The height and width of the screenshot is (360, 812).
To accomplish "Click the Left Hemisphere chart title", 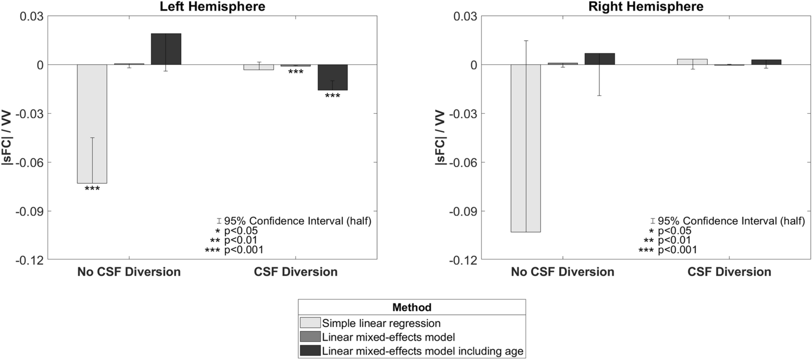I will coord(212,6).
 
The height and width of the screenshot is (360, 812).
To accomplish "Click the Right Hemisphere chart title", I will coord(646,6).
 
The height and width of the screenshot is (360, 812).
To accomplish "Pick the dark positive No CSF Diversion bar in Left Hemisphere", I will coord(166,49).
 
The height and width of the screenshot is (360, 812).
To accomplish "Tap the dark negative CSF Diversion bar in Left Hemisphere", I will coord(333,77).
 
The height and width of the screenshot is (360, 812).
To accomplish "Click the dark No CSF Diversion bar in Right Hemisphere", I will coord(600,59).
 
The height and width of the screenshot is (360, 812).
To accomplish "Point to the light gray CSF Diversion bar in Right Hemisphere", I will coord(692,62).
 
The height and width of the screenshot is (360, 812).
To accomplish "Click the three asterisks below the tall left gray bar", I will coord(92,189).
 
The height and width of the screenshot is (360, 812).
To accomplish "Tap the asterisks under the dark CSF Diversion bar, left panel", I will coord(333,96).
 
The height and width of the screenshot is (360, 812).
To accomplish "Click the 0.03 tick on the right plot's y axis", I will coord(465,17).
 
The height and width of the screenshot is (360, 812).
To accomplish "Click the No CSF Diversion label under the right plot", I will coord(562,271).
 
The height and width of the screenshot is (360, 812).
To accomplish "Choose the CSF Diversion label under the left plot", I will coord(296,271).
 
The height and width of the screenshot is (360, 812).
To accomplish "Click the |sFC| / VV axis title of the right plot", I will coord(441,138).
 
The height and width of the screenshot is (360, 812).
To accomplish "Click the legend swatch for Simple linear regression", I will coord(310,323).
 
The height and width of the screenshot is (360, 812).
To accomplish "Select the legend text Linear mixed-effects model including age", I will coord(422,351).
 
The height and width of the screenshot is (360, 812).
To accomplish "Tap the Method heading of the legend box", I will coord(412,307).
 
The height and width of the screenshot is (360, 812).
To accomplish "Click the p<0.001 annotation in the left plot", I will coord(244,250).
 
